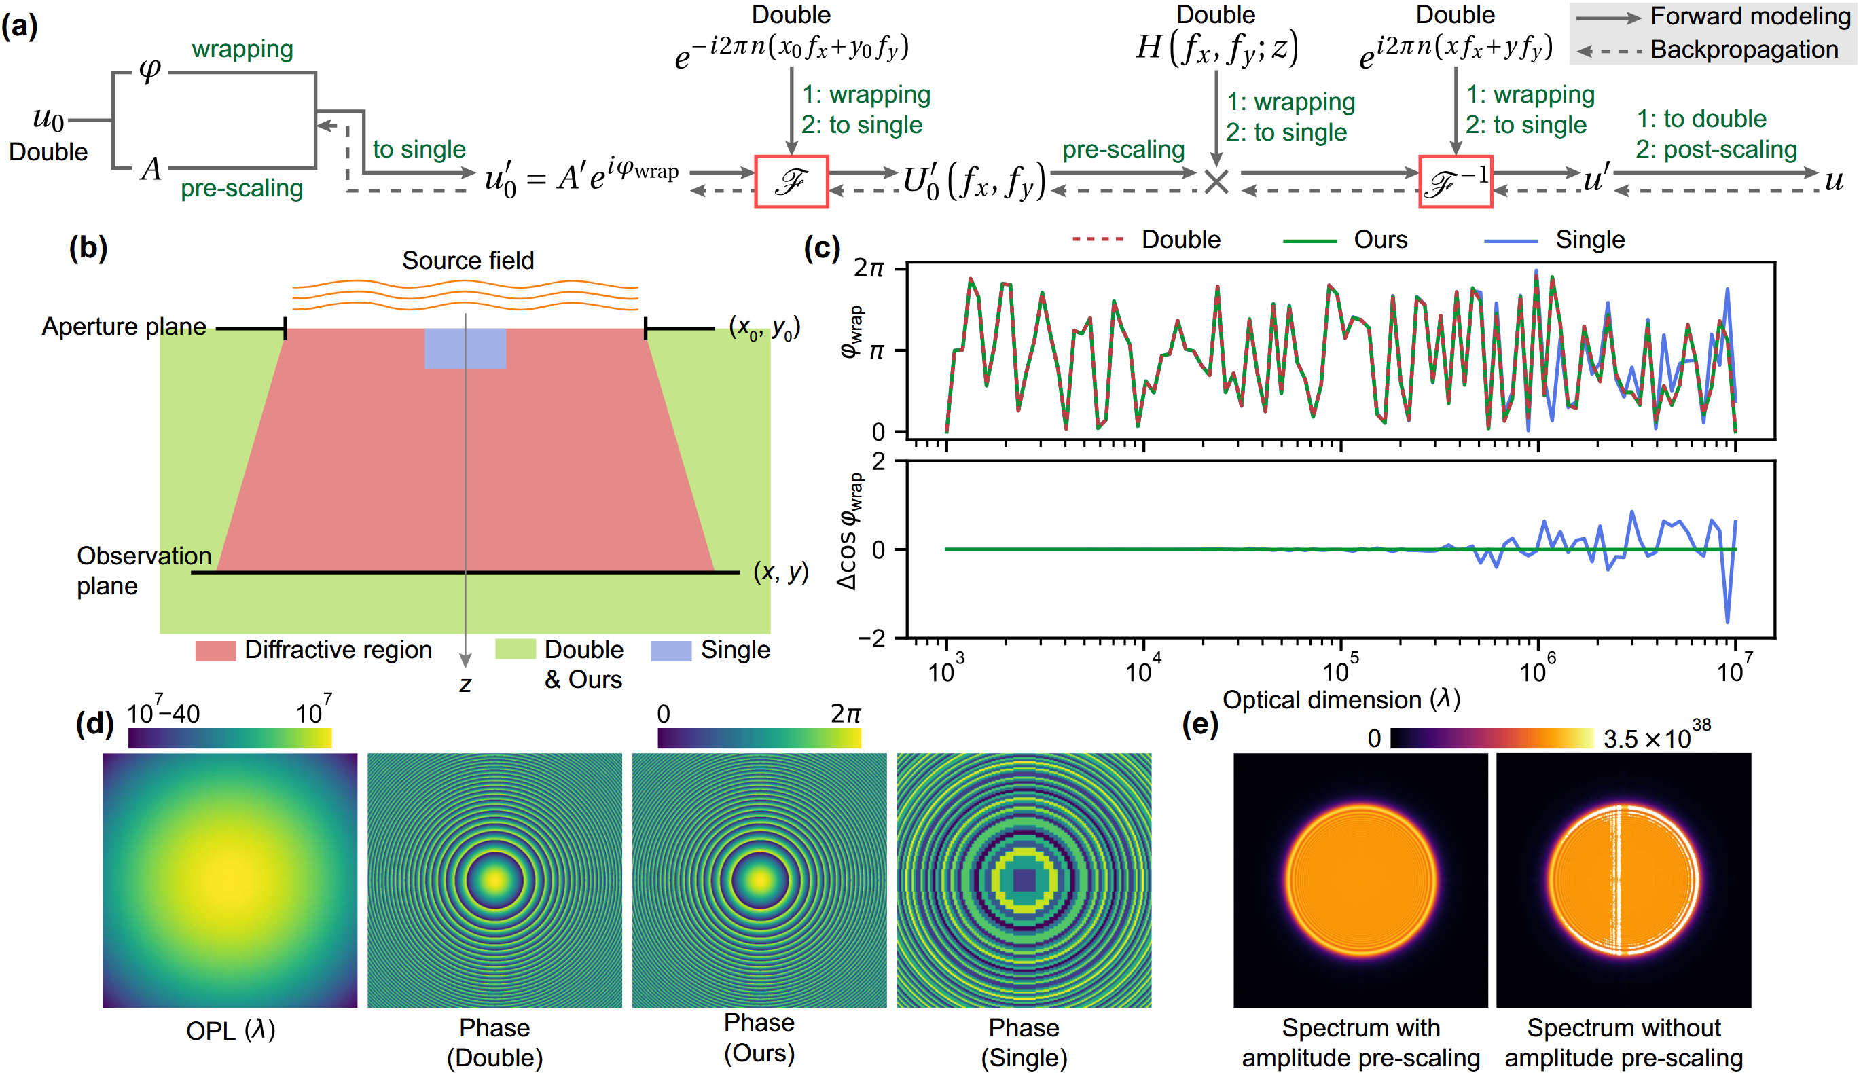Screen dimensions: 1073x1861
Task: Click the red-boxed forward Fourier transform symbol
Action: (791, 181)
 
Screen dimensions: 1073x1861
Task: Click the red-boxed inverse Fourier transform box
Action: (1455, 181)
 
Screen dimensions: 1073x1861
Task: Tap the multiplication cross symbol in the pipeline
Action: (1216, 181)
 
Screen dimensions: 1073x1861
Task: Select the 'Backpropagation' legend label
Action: (1743, 50)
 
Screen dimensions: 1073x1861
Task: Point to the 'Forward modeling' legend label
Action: (1750, 16)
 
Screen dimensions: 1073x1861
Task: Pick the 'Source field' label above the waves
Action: (467, 260)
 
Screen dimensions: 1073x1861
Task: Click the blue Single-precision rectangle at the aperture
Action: (465, 348)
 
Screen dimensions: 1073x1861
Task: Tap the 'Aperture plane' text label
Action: (124, 327)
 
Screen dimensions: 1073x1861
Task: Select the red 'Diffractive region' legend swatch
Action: (215, 651)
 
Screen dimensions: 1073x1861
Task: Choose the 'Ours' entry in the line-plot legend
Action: (1379, 240)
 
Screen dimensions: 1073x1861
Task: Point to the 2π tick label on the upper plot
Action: (868, 268)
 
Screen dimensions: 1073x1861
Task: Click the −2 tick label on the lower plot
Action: (871, 639)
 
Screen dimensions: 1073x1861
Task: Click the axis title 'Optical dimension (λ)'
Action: (1341, 699)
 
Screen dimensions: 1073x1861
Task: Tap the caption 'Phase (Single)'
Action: (1024, 1042)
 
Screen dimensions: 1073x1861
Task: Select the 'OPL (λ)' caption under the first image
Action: (230, 1030)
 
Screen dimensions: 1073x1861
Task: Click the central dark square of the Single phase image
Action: (1024, 880)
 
